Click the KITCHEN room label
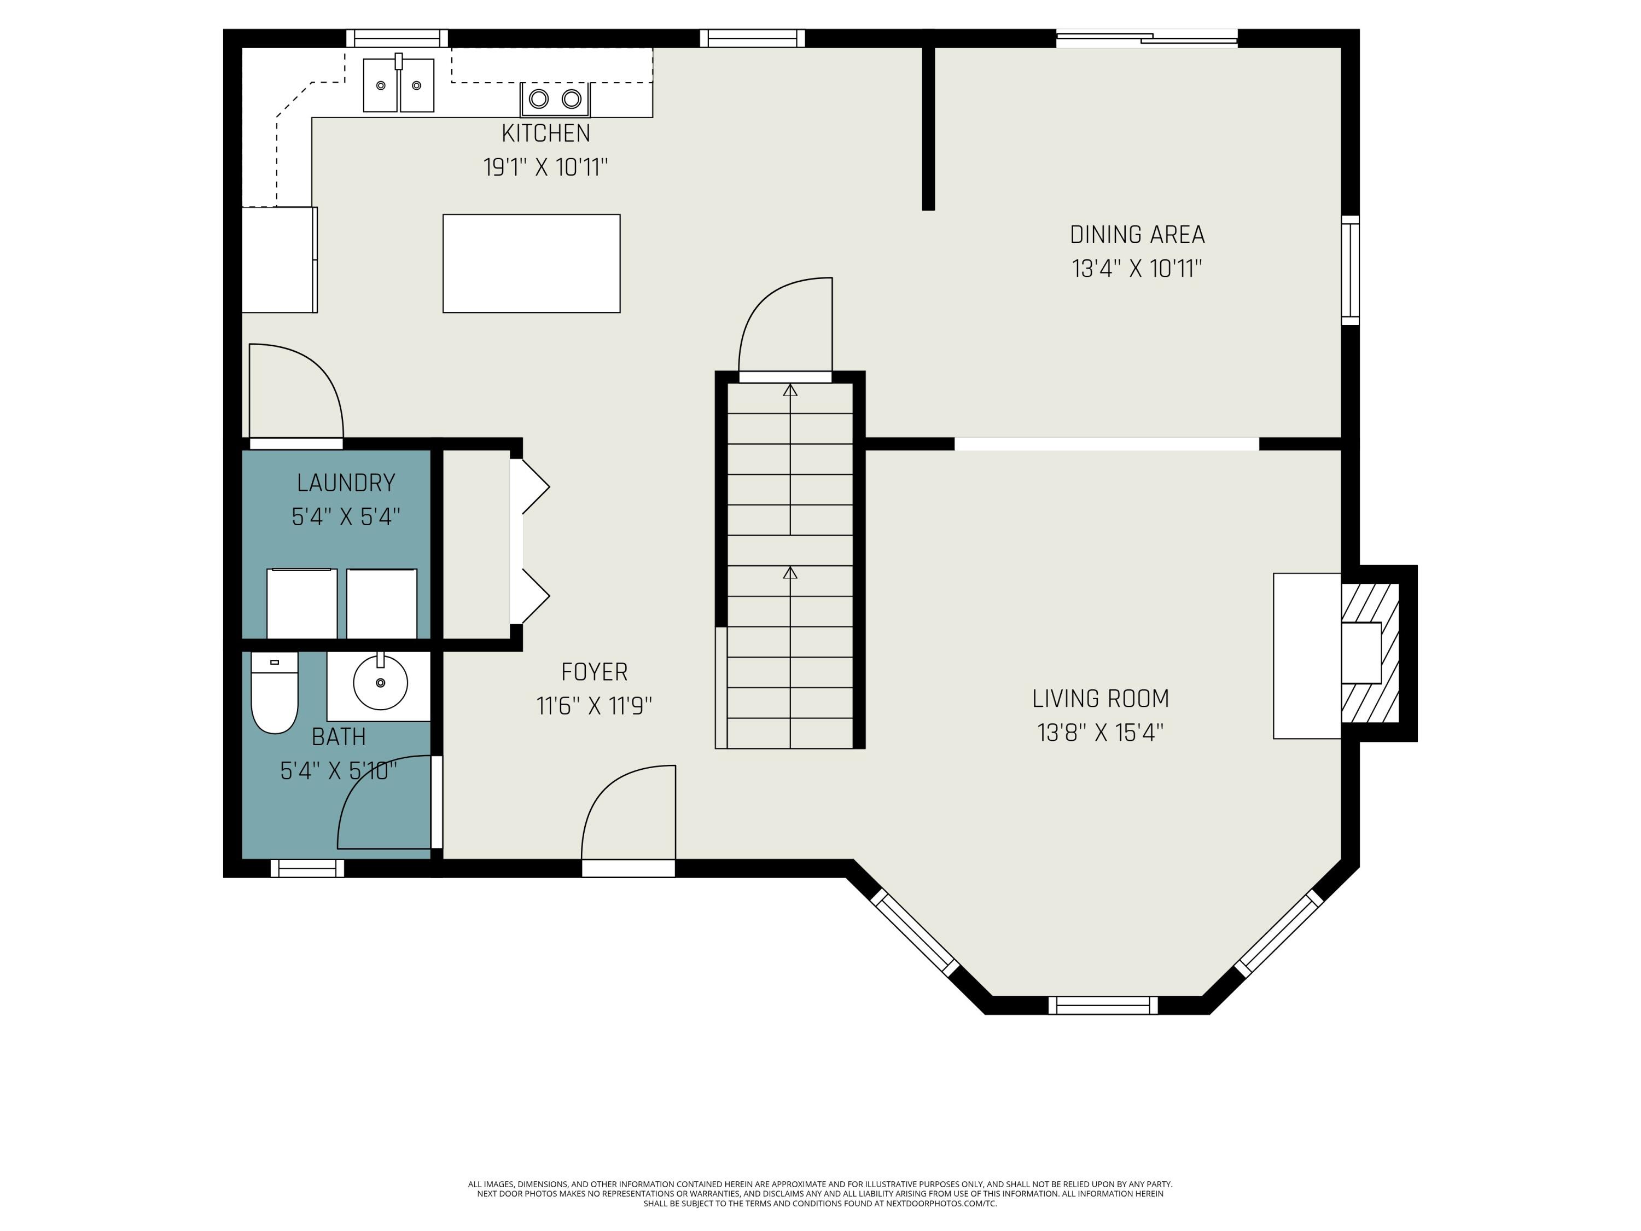pos(546,133)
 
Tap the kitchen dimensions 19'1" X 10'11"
pos(546,167)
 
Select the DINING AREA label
pos(1137,235)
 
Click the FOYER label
pos(594,671)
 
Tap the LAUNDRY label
pos(346,483)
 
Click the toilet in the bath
pos(275,692)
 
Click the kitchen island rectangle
pos(531,263)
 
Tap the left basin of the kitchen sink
pos(380,85)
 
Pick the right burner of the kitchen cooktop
pos(571,98)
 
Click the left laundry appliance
pos(302,603)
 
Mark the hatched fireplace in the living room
pos(1370,653)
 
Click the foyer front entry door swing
pos(629,812)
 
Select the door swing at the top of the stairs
pos(785,324)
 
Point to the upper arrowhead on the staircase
pos(790,390)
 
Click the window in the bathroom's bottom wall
pos(307,868)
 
